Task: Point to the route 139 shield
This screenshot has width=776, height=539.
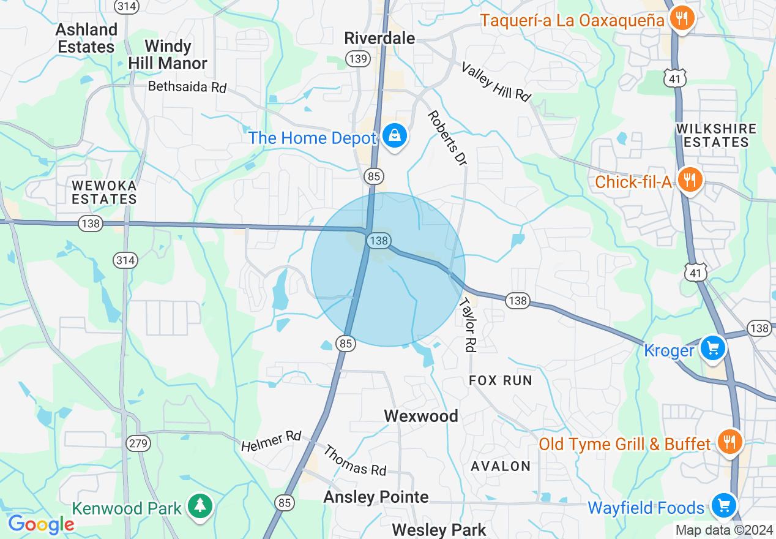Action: click(358, 59)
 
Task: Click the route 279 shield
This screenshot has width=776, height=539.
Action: click(139, 443)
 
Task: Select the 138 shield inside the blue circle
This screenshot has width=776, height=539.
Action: click(379, 241)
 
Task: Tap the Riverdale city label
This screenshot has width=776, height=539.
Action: click(379, 38)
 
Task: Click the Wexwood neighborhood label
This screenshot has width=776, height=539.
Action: click(421, 416)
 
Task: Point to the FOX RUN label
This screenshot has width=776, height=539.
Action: click(501, 380)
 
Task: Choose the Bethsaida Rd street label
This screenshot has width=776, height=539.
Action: click(187, 87)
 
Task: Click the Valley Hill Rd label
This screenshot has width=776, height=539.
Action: click(496, 81)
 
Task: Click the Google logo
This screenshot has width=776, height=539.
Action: click(40, 524)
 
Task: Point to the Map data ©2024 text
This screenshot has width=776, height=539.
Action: click(723, 530)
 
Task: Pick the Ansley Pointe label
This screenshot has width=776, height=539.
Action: click(376, 497)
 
